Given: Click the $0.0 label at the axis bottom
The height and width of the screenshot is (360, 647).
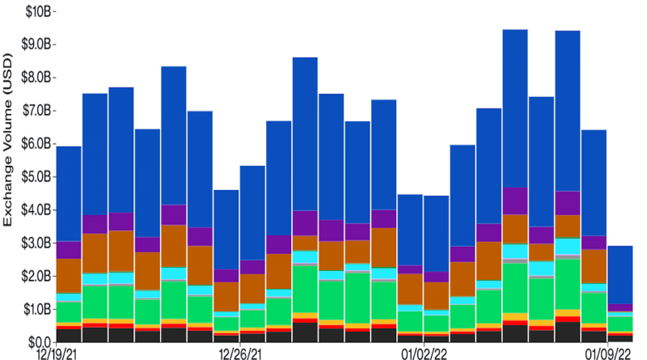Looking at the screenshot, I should coord(36,343).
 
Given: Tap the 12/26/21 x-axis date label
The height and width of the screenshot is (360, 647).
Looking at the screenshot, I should coord(239,354).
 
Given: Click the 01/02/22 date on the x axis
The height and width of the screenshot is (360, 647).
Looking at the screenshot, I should coord(424,354).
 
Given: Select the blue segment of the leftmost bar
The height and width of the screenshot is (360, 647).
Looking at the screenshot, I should coord(69,194).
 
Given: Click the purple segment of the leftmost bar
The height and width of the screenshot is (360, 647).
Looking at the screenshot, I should coord(69,250).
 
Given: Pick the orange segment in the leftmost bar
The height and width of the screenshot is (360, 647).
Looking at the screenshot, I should coord(69,276).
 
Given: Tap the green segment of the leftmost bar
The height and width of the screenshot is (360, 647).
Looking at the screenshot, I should coord(69,312).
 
